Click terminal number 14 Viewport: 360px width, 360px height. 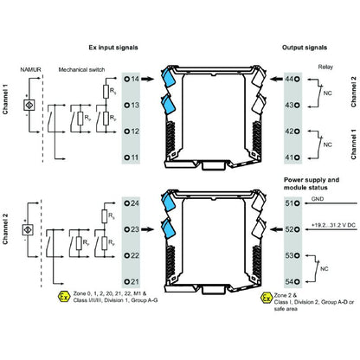click(x=134, y=79)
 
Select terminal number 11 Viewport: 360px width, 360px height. click(x=134, y=157)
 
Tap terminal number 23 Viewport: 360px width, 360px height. click(x=134, y=229)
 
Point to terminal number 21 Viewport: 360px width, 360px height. click(x=134, y=283)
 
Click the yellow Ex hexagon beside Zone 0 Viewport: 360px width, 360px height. click(x=62, y=298)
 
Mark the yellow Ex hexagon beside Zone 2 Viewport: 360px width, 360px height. click(x=267, y=298)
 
